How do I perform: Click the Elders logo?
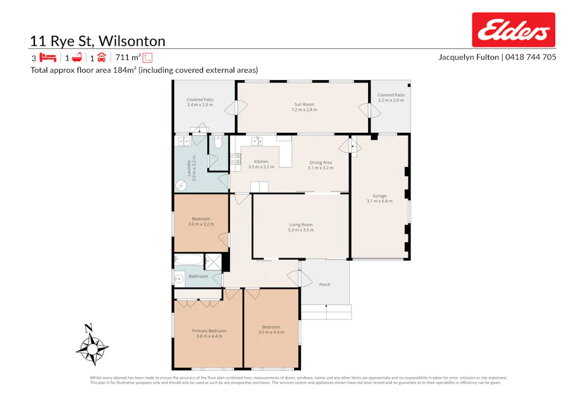point(513,30)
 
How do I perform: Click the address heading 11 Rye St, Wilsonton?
point(97,41)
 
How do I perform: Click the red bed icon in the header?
point(48,58)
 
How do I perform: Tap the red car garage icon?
point(102,58)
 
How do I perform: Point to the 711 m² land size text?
point(128,58)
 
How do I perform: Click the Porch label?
point(325,284)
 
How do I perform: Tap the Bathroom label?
point(198,276)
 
